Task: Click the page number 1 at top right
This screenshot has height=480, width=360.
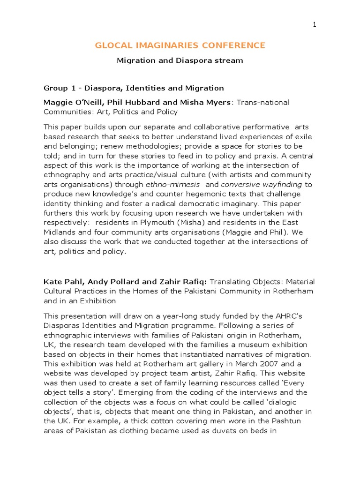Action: pyautogui.click(x=315, y=25)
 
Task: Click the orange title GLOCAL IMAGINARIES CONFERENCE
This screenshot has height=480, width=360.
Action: pyautogui.click(x=180, y=45)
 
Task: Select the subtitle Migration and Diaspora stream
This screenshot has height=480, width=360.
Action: pyautogui.click(x=180, y=60)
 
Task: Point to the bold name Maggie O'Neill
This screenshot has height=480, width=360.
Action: pyautogui.click(x=70, y=102)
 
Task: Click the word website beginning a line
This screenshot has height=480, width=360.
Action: pyautogui.click(x=59, y=374)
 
